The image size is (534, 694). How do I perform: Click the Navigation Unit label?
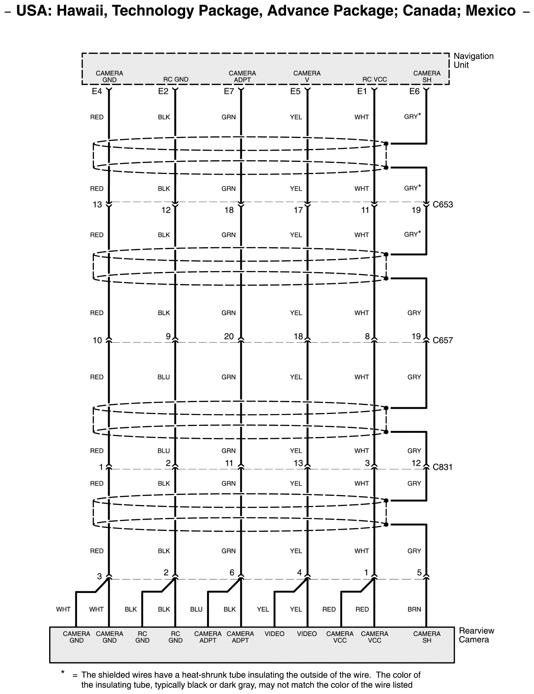tap(473, 60)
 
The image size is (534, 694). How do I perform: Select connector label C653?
tap(443, 204)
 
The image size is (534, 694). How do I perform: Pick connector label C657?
tap(443, 340)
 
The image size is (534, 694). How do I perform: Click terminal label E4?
tap(97, 91)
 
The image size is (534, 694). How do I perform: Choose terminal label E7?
tap(229, 91)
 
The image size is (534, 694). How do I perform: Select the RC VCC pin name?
tap(374, 79)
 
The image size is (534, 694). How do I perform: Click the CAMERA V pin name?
tap(307, 76)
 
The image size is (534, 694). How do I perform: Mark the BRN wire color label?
tap(414, 609)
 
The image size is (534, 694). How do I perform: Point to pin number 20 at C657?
tap(229, 336)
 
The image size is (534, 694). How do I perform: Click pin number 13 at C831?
tap(298, 463)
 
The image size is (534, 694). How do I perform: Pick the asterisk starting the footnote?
tap(63, 672)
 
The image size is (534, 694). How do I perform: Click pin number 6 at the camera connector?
tap(232, 572)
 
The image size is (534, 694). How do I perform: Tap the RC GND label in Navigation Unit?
tap(176, 79)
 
